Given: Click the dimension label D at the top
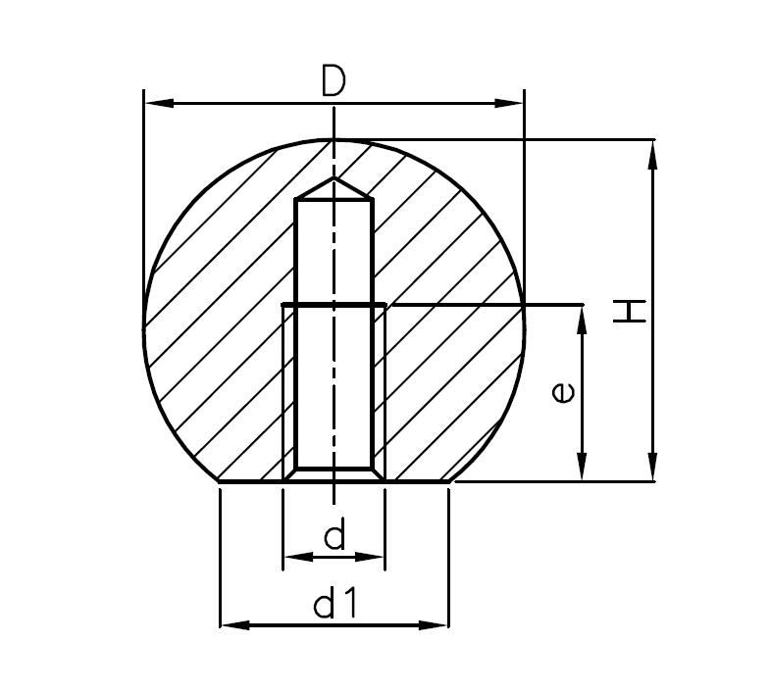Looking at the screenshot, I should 334,81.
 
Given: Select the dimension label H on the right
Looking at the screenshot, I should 629,312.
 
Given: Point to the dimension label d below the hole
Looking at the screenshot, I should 334,536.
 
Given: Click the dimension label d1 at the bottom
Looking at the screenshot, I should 334,606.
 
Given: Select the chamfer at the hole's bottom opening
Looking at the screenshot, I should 334,474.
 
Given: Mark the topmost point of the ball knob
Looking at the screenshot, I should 334,140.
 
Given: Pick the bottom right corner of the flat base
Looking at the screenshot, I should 450,481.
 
